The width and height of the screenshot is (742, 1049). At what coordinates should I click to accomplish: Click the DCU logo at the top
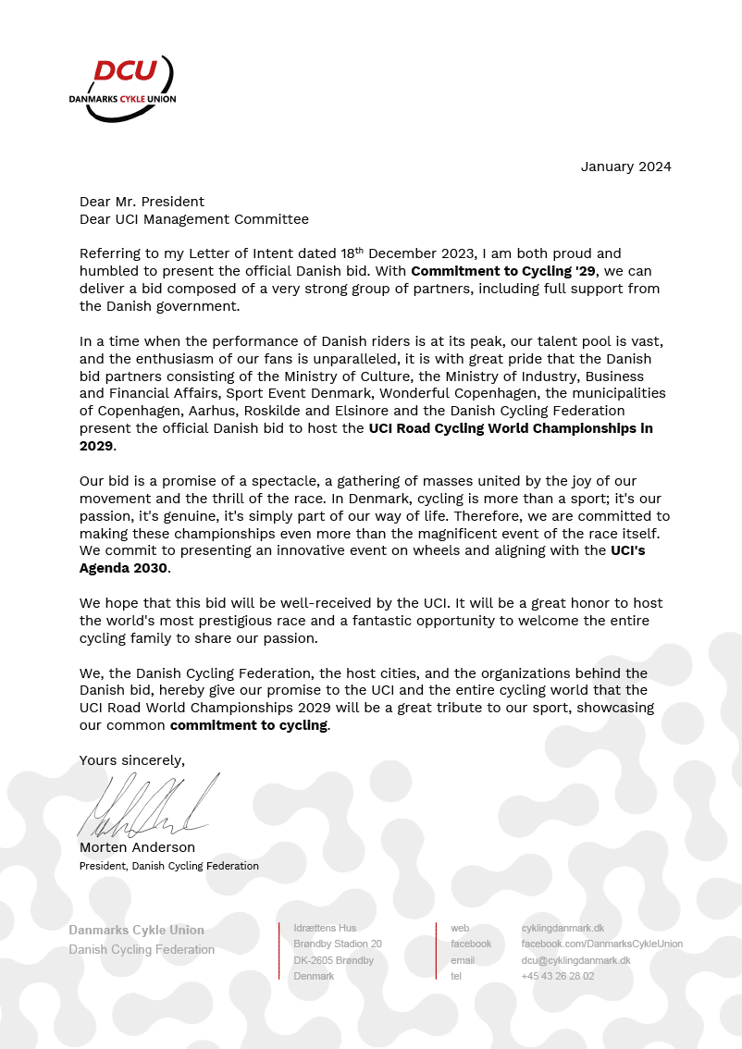[x=122, y=88]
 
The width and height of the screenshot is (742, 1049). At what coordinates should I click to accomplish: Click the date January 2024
[x=625, y=167]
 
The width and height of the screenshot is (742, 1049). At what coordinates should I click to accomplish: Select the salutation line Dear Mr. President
[x=142, y=202]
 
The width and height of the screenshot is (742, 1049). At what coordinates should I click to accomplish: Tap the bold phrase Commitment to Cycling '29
[x=504, y=271]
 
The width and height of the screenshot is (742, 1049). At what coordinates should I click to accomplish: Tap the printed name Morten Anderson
[x=137, y=847]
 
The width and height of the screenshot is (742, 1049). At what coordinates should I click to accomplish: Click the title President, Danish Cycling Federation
[x=168, y=866]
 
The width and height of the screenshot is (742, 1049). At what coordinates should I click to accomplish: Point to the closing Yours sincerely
[x=132, y=760]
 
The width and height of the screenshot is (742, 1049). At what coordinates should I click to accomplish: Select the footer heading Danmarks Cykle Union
[x=136, y=930]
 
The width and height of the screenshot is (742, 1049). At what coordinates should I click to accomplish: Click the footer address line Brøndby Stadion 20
[x=337, y=944]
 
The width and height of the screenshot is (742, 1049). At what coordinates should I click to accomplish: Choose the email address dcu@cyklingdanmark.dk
[x=575, y=960]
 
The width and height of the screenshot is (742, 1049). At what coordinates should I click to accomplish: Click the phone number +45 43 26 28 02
[x=557, y=976]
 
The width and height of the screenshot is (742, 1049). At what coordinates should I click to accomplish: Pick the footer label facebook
[x=471, y=944]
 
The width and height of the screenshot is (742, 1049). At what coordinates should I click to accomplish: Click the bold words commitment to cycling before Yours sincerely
[x=249, y=725]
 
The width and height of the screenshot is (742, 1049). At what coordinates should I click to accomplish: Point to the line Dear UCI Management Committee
[x=194, y=219]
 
